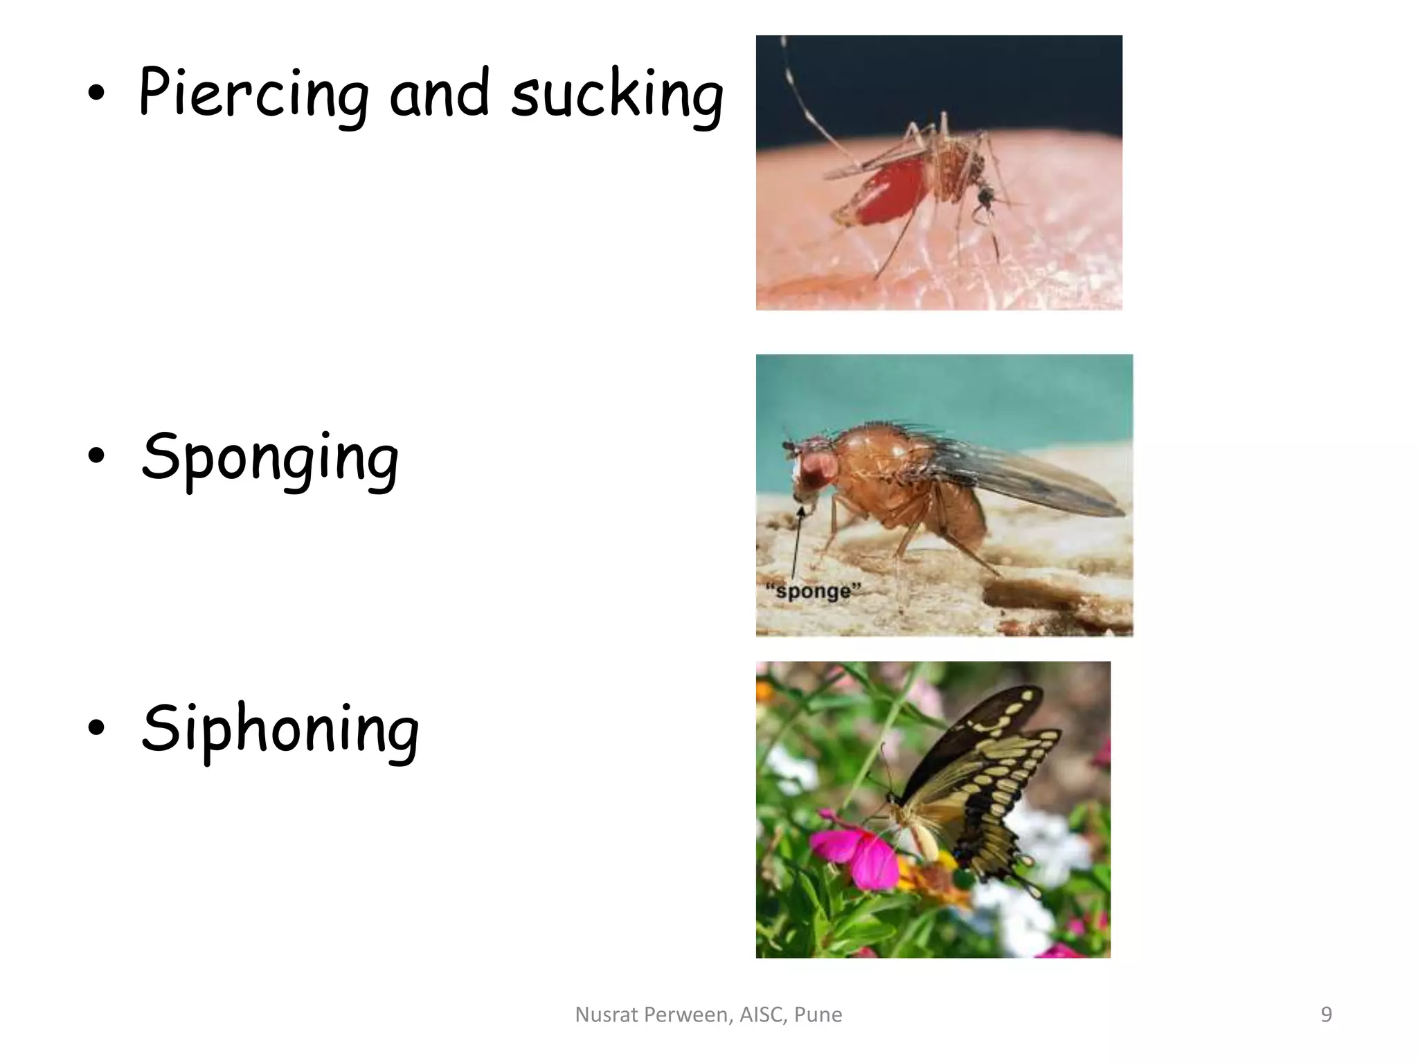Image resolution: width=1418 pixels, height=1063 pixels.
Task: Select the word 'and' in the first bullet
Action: [440, 93]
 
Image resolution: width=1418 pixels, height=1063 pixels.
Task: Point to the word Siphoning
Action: [280, 730]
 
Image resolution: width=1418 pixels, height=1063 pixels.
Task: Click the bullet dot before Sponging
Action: [96, 456]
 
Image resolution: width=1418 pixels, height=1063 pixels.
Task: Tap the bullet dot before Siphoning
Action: [96, 727]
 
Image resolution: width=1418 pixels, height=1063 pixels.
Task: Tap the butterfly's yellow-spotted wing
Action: [983, 782]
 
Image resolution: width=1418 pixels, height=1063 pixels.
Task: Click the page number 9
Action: [1326, 1015]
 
